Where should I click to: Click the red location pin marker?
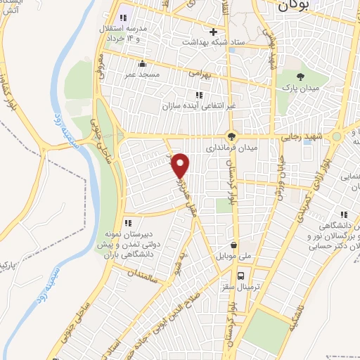(181, 165)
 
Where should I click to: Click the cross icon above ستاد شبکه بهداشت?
(213, 32)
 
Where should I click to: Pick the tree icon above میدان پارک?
(301, 76)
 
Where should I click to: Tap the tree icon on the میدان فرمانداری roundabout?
(231, 136)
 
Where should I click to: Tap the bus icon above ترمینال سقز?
(241, 275)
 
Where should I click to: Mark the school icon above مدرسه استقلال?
(125, 16)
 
